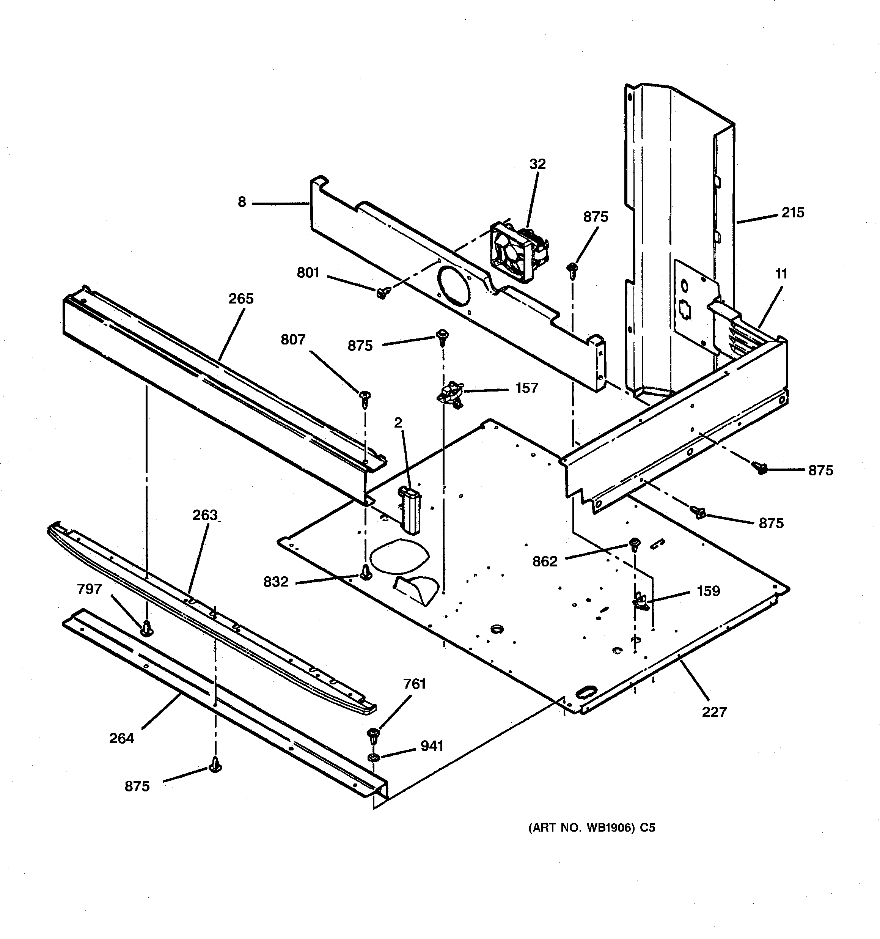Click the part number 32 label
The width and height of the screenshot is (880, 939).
(x=537, y=164)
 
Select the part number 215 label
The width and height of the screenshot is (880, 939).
(x=793, y=212)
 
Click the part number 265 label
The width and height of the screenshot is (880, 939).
(x=241, y=299)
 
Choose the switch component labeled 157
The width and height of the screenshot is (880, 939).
(x=450, y=393)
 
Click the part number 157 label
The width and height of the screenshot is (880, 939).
(x=527, y=388)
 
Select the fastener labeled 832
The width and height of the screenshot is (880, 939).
(x=365, y=572)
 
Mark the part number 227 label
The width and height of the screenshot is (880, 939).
(x=714, y=711)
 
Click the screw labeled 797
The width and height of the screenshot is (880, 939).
(x=147, y=628)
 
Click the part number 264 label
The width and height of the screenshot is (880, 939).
(x=121, y=738)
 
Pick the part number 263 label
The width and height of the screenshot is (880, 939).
(x=205, y=515)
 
